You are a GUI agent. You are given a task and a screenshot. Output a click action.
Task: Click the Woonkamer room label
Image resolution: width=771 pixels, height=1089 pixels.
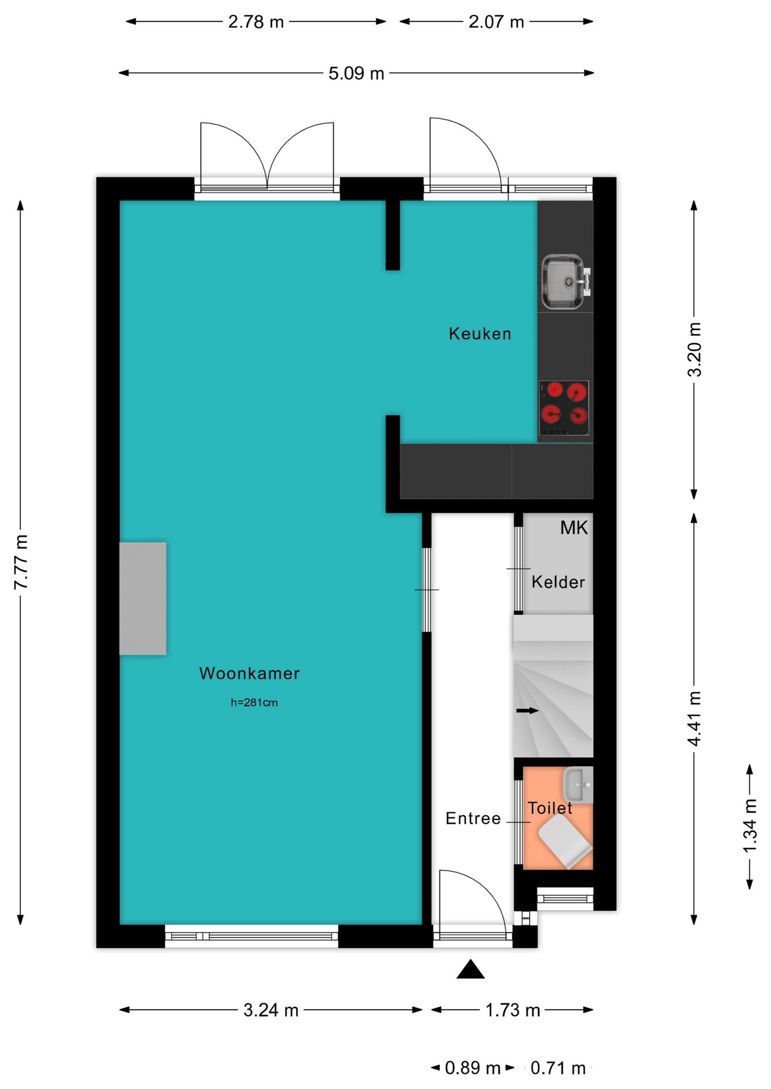coord(249,673)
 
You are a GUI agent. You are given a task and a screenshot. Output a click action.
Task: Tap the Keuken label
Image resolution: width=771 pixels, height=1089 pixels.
coord(480,334)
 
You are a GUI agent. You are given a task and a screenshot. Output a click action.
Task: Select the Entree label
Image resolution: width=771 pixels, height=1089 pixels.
coord(473,818)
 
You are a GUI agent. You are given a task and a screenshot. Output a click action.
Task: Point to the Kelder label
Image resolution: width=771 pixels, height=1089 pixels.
coord(558,582)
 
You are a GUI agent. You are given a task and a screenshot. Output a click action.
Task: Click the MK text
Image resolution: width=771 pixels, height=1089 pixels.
coord(574,528)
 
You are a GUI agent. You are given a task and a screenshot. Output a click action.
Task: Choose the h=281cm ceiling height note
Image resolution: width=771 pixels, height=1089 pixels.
coord(254,703)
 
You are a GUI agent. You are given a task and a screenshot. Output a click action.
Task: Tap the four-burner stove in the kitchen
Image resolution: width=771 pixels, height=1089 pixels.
coord(564,408)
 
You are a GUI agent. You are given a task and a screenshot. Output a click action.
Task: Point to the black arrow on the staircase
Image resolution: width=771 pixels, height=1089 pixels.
coord(527,711)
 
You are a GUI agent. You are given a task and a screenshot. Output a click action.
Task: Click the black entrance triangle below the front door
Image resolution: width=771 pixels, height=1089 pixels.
coord(471,969)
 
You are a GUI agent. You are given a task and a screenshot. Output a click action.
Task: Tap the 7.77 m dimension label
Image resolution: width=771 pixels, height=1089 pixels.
coord(20,562)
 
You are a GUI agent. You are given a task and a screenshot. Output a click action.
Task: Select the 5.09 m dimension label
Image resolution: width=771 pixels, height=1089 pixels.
coord(357,74)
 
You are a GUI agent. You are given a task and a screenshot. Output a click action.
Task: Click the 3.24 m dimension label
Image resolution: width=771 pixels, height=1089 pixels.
coord(271,1010)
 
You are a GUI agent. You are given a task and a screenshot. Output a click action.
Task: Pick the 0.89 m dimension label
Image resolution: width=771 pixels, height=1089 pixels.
coord(472,1069)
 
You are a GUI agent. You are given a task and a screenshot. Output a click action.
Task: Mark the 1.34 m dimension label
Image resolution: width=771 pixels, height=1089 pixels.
coord(750,825)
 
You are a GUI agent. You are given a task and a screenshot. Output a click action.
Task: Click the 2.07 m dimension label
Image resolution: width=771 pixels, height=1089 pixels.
coord(496,22)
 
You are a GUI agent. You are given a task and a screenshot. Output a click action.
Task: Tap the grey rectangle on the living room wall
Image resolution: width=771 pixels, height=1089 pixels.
coord(143,598)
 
